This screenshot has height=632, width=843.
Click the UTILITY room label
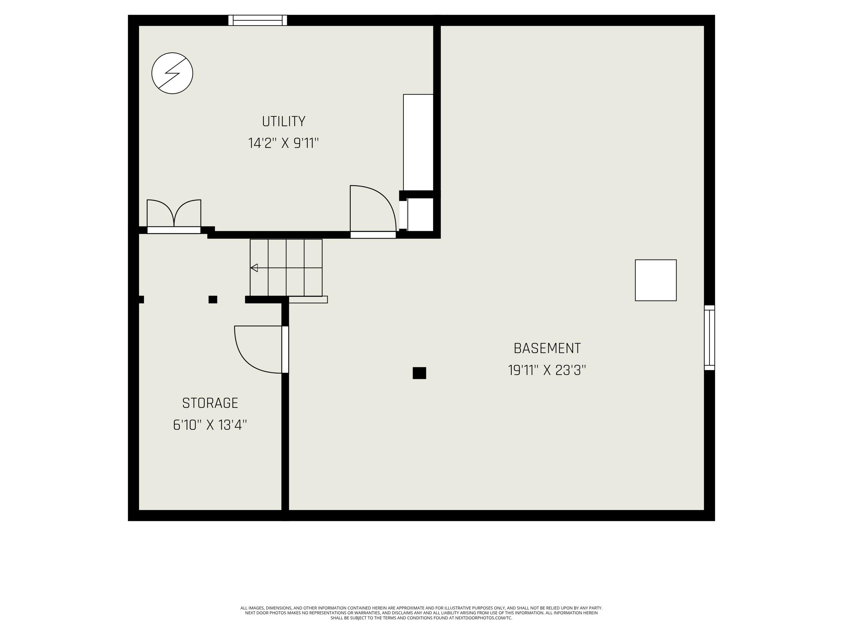[284, 122]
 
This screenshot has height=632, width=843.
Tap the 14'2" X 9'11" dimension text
[283, 144]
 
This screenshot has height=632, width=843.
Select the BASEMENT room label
[547, 348]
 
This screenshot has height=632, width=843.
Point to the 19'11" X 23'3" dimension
[547, 370]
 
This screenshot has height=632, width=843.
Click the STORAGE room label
[210, 403]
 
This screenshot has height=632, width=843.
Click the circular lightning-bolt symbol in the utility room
[172, 73]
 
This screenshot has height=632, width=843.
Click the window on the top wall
[258, 20]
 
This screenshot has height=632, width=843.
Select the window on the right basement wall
[709, 338]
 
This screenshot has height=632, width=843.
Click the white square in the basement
[656, 280]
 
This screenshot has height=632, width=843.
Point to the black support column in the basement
[419, 373]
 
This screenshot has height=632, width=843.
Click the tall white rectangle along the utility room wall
[418, 142]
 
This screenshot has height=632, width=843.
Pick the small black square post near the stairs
[213, 299]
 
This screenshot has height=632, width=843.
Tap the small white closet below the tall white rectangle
[420, 214]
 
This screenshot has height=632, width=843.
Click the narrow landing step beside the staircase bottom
[308, 300]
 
